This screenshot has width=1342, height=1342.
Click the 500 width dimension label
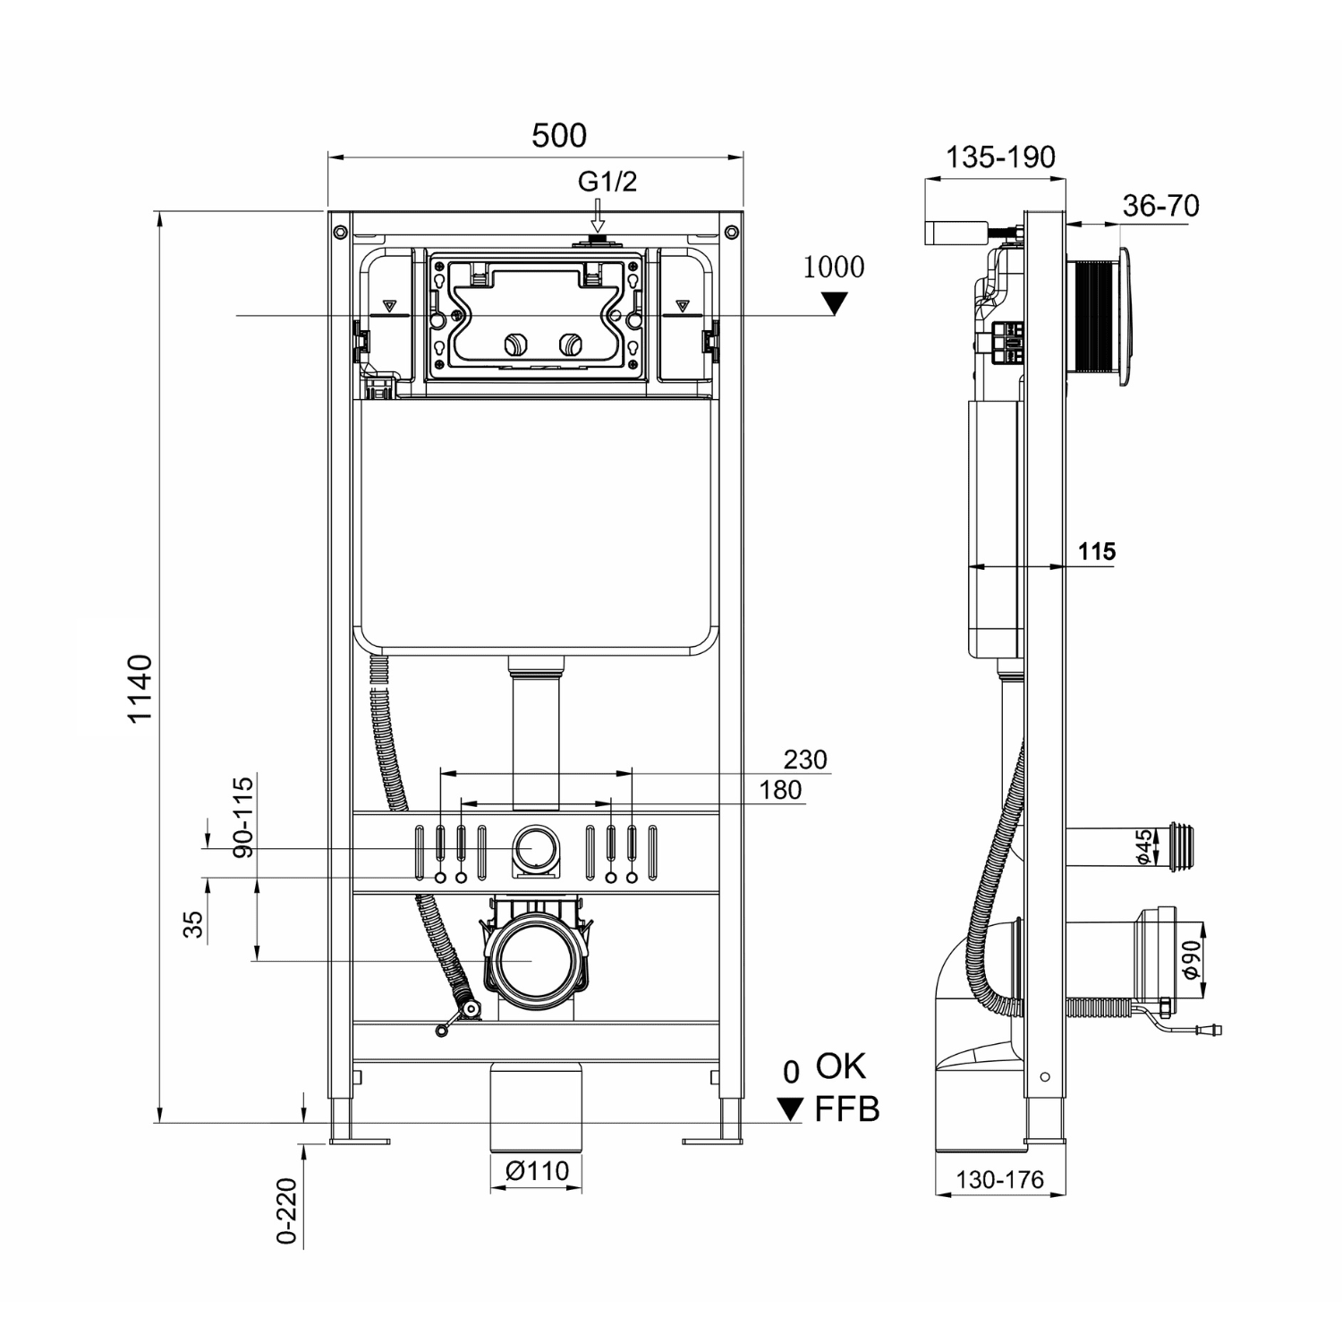pyautogui.click(x=559, y=136)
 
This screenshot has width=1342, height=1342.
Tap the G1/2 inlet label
pyautogui.click(x=607, y=182)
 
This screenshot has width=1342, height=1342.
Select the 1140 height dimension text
pyautogui.click(x=140, y=689)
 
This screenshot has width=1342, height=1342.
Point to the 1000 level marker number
pyautogui.click(x=833, y=268)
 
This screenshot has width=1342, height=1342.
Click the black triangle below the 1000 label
pyautogui.click(x=834, y=304)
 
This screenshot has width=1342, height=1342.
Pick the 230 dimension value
pyautogui.click(x=805, y=760)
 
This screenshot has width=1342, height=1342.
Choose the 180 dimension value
pyautogui.click(x=780, y=790)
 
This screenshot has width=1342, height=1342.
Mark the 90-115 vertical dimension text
pyautogui.click(x=243, y=817)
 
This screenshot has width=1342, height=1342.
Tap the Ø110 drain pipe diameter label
pyautogui.click(x=536, y=1170)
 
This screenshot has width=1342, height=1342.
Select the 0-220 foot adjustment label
pyautogui.click(x=285, y=1210)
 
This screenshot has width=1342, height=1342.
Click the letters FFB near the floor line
pyautogui.click(x=846, y=1109)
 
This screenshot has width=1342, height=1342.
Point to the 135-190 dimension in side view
pyautogui.click(x=1000, y=157)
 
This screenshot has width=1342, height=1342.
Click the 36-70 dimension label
pyautogui.click(x=1160, y=206)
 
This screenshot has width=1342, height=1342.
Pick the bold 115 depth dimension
pyautogui.click(x=1096, y=551)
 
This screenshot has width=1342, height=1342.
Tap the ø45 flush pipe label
pyautogui.click(x=1143, y=846)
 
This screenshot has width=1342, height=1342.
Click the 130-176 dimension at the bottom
pyautogui.click(x=999, y=1180)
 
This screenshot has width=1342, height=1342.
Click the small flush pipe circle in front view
pyautogui.click(x=535, y=846)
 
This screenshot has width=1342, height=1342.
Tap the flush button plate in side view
pyautogui.click(x=1124, y=318)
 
